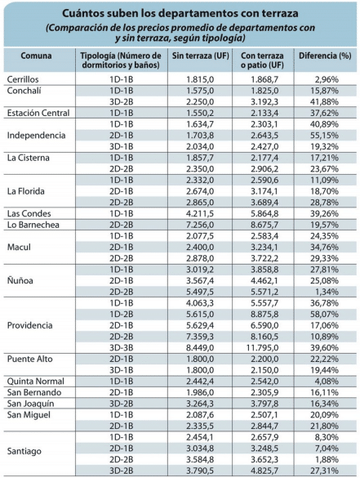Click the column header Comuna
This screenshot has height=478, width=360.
[36, 56]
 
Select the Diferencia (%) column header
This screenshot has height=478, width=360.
[325, 56]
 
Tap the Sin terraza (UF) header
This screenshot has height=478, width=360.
[200, 56]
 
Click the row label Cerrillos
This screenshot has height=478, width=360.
[23, 79]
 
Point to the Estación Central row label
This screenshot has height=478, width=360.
[38, 113]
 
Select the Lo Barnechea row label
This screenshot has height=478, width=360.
[33, 225]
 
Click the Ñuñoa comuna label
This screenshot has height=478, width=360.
[20, 280]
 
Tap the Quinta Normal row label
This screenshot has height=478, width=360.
[36, 382]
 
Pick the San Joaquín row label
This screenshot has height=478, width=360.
[30, 404]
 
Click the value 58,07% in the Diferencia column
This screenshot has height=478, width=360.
[324, 315]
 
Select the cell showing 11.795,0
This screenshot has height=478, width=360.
[262, 348]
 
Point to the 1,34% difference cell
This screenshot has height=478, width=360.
[327, 292]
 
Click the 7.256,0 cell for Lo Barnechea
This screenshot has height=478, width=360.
[200, 225]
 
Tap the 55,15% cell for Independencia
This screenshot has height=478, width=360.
[324, 136]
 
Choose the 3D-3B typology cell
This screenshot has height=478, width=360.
[122, 348]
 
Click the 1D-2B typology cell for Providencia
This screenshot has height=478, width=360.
[122, 315]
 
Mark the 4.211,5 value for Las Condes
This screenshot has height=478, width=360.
[200, 214]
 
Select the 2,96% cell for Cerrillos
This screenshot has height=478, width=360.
[327, 79]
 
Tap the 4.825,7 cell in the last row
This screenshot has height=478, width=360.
[264, 471]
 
